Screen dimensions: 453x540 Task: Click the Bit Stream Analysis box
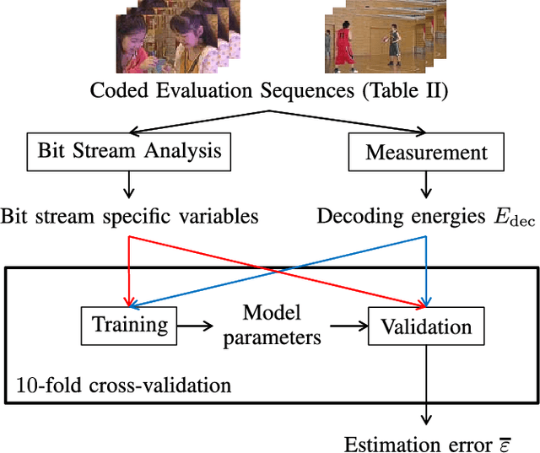point(129,153)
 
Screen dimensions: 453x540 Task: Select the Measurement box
point(426,153)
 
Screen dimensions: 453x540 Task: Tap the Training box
point(129,325)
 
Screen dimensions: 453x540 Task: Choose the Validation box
point(426,326)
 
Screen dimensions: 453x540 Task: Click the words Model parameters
point(272,325)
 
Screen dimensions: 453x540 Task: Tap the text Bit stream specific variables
point(129,216)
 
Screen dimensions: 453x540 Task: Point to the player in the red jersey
point(343,49)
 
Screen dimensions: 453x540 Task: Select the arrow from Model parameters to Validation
point(346,325)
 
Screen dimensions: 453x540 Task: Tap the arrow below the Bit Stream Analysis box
point(129,184)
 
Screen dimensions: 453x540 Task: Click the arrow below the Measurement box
point(426,184)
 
